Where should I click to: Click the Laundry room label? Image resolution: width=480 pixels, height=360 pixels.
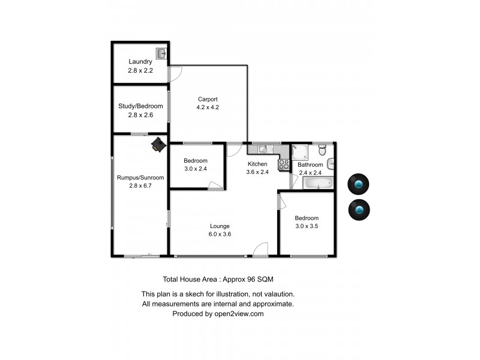(x=140, y=61)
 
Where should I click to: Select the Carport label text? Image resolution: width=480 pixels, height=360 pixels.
(x=208, y=99)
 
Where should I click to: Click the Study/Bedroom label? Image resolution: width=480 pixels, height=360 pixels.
(x=140, y=106)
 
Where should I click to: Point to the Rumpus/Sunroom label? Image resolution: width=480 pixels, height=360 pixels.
(x=140, y=178)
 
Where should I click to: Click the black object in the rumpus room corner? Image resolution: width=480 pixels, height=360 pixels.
(x=158, y=144)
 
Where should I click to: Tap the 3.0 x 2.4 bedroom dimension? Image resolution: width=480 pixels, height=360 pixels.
(x=196, y=169)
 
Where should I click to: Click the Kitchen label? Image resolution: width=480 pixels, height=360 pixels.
(x=257, y=164)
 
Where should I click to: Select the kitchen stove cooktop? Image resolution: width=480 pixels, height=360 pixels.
(x=284, y=164)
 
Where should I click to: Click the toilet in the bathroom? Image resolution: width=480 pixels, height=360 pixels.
(x=322, y=149)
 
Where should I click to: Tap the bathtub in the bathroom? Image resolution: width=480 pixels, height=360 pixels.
(x=316, y=182)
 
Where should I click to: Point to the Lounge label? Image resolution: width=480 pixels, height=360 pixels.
(x=220, y=226)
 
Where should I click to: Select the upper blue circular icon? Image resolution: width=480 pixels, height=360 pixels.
(x=359, y=184)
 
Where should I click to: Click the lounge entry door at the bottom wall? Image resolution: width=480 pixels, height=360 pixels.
(x=260, y=250)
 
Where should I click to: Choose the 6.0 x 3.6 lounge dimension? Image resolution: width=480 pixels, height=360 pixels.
(x=220, y=234)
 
